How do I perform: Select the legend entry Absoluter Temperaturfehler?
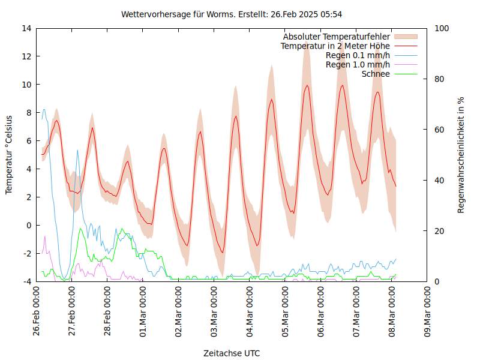[x=337, y=37]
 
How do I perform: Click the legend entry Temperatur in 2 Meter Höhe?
[x=335, y=46]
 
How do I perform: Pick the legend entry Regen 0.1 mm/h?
[x=358, y=55]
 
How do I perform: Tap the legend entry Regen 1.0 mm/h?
[x=358, y=65]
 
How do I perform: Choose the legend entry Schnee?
[x=376, y=74]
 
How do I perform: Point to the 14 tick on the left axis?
[x=26, y=28]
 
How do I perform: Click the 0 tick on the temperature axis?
[x=29, y=226]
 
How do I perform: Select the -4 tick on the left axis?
[x=26, y=282]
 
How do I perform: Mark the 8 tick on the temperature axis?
[x=29, y=113]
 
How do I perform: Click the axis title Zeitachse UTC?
[x=232, y=353]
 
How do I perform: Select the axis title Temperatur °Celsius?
[x=9, y=154]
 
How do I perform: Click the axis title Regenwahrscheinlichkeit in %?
[x=461, y=155]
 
